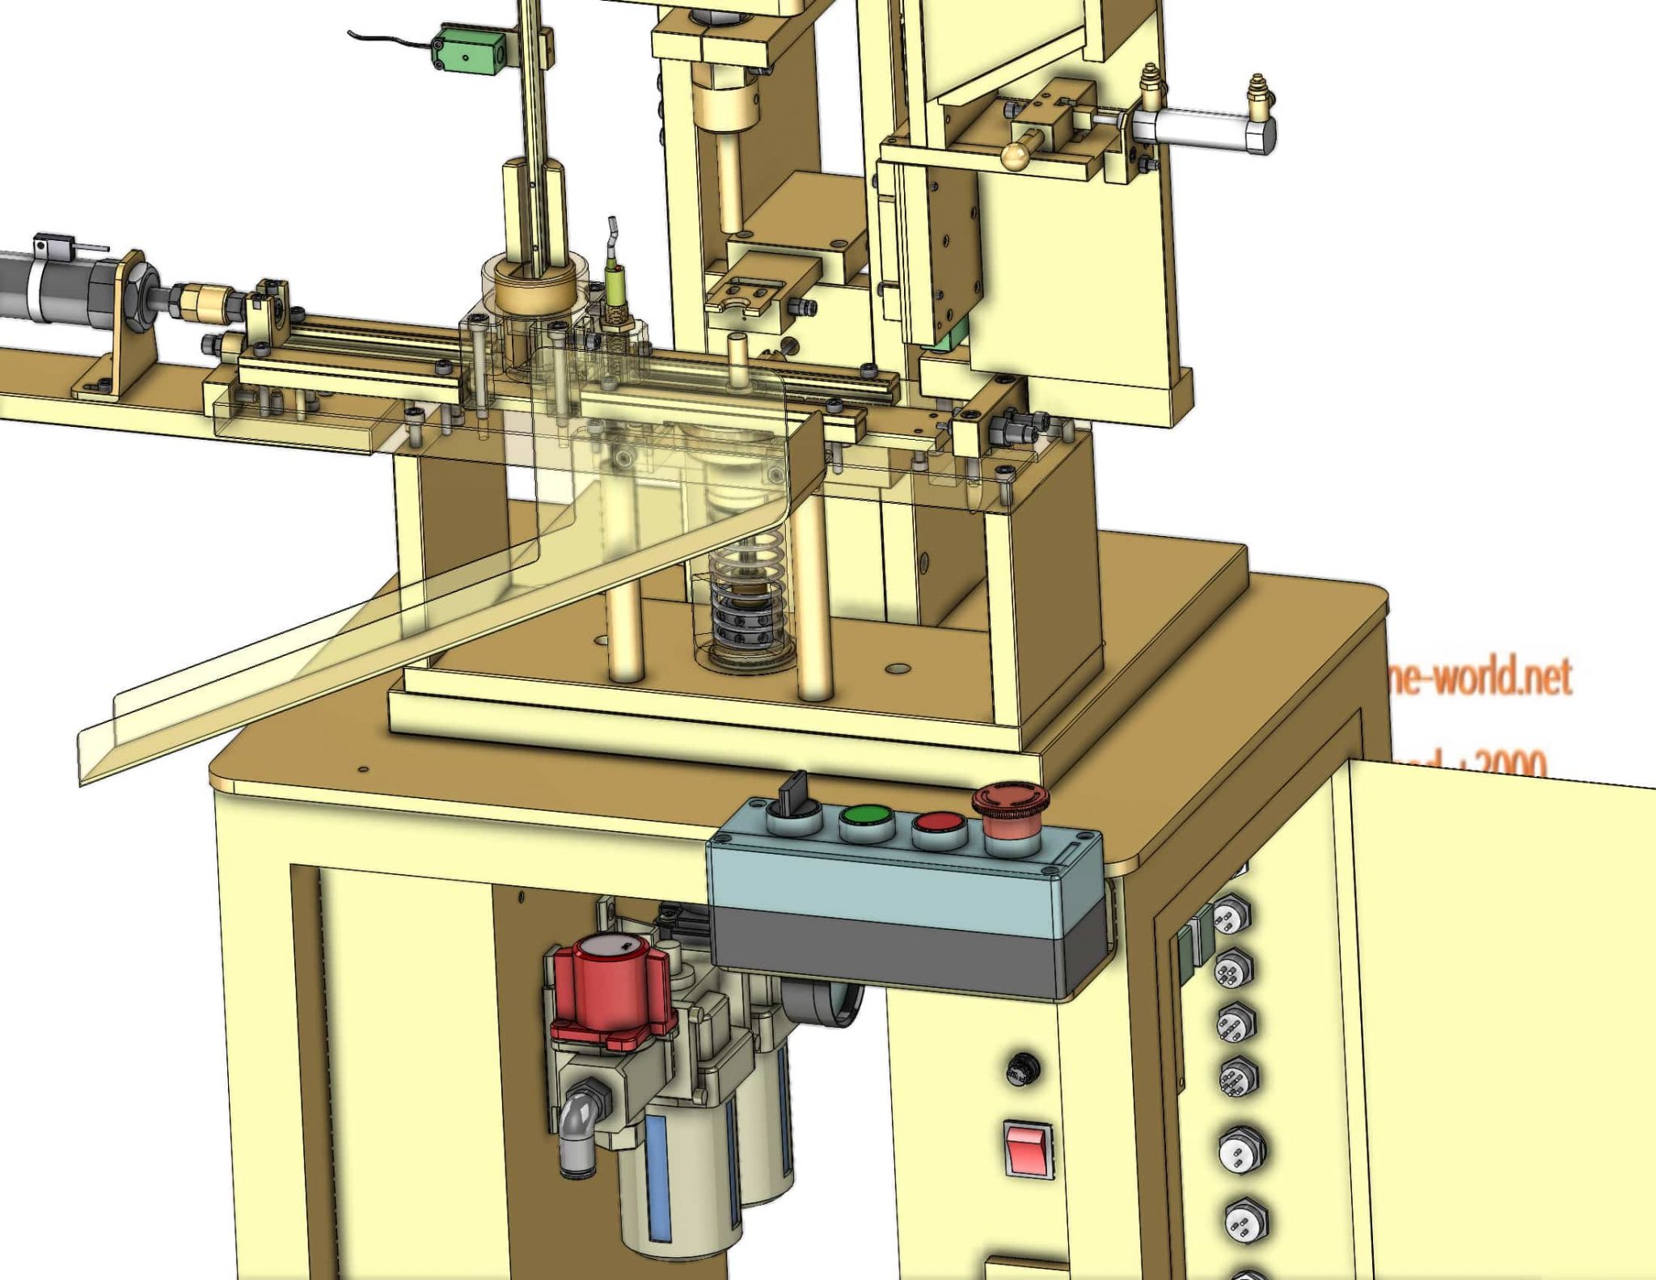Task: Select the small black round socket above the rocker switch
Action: (1022, 1068)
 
